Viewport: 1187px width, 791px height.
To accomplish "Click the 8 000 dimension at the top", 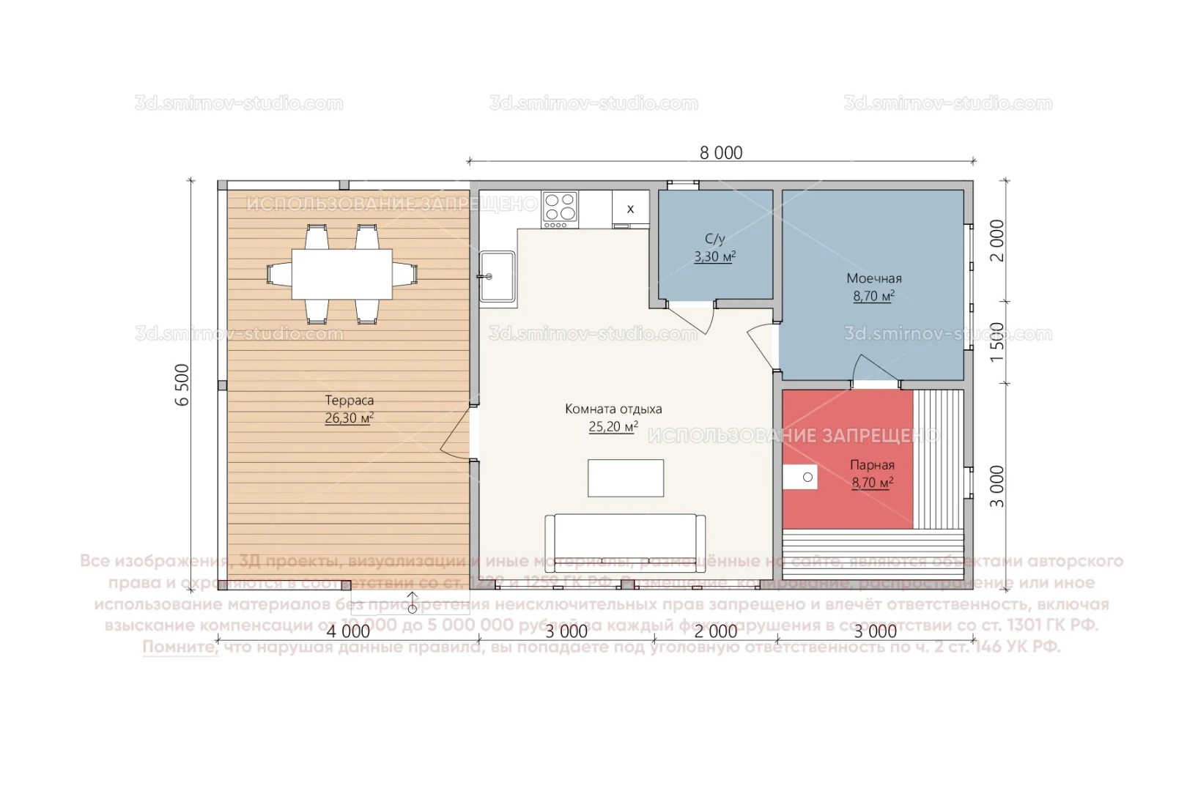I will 720,152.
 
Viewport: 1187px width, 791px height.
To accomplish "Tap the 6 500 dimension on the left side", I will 182,385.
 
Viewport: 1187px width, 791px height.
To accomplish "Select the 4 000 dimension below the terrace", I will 348,631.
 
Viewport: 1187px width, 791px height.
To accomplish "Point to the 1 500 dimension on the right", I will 997,342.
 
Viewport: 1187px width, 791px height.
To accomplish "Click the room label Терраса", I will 349,401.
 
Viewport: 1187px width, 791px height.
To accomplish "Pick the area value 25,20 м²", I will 613,427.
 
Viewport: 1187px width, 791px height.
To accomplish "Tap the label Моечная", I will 873,278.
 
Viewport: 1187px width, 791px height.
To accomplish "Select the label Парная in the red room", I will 872,465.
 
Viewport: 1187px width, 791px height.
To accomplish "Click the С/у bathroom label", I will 714,239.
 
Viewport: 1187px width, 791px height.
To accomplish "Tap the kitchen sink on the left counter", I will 498,276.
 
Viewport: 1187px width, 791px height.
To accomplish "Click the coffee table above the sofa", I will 626,478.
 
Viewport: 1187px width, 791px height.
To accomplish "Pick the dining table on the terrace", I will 341,274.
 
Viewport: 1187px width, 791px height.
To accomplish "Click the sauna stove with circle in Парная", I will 800,477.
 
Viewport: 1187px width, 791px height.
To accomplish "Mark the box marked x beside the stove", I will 630,209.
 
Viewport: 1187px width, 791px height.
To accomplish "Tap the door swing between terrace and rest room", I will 456,434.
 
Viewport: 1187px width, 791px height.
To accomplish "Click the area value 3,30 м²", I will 714,257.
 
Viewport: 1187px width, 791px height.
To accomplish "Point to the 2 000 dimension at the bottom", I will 715,631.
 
